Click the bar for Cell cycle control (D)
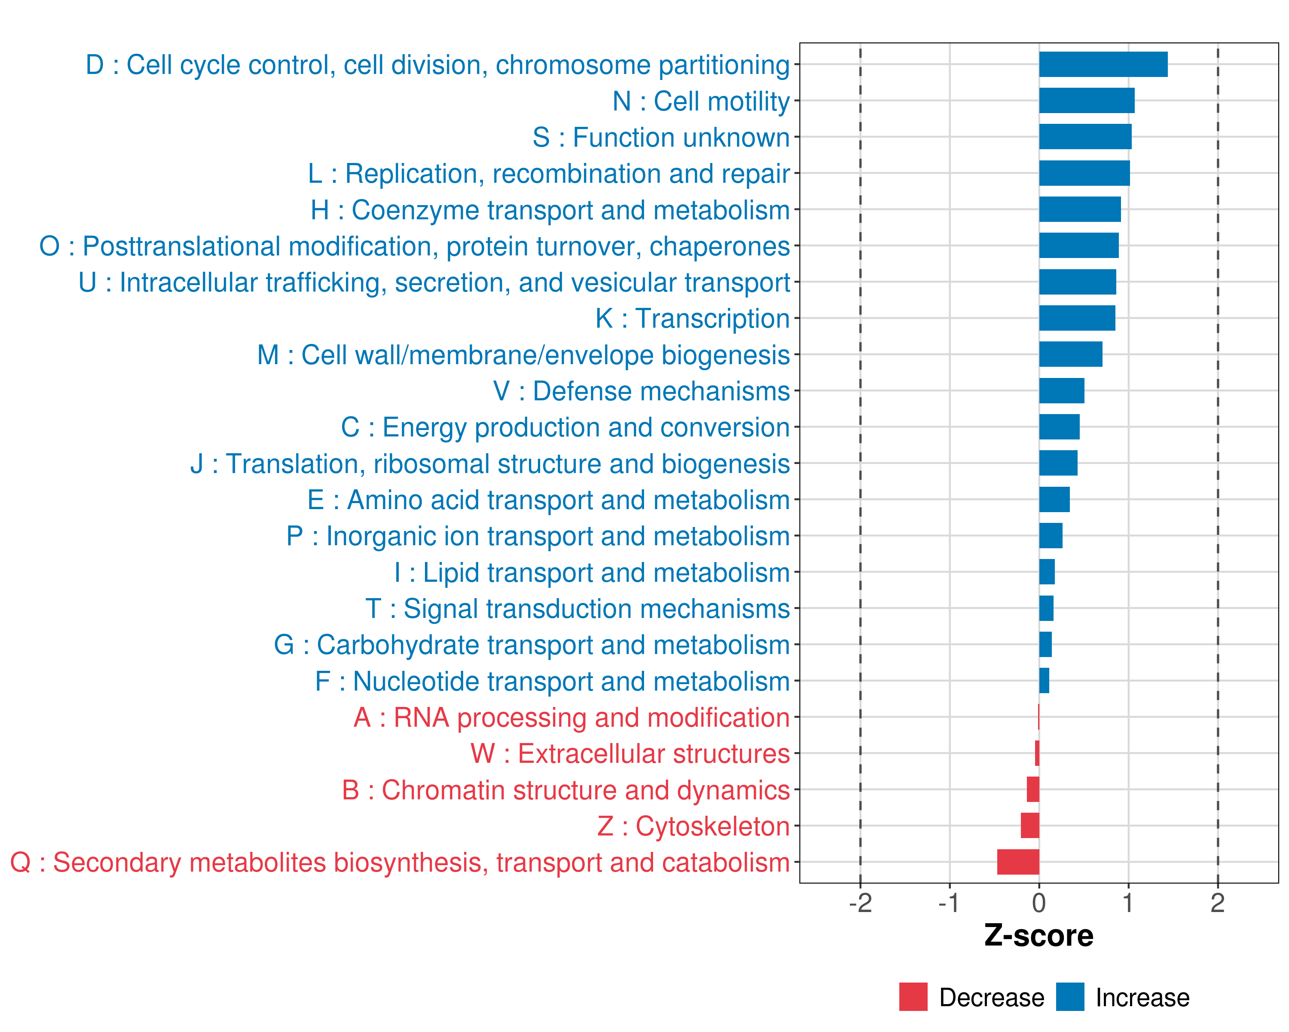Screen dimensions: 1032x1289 tap(1103, 64)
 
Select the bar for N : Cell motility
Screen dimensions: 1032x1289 tap(1086, 101)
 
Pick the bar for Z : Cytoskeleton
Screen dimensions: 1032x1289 tap(1029, 826)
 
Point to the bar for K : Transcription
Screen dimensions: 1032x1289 tap(1077, 318)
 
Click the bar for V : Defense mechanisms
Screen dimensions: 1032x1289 tap(1061, 391)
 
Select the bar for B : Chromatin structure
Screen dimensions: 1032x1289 tap(1032, 790)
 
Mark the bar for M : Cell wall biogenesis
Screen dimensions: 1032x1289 tap(1070, 354)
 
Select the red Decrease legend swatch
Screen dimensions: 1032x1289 tap(913, 997)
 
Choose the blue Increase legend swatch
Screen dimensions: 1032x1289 tap(1069, 997)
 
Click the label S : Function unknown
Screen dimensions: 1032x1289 tap(661, 138)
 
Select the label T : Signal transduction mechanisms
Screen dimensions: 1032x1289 tap(577, 609)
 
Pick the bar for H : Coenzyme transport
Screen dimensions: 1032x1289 tap(1080, 209)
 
